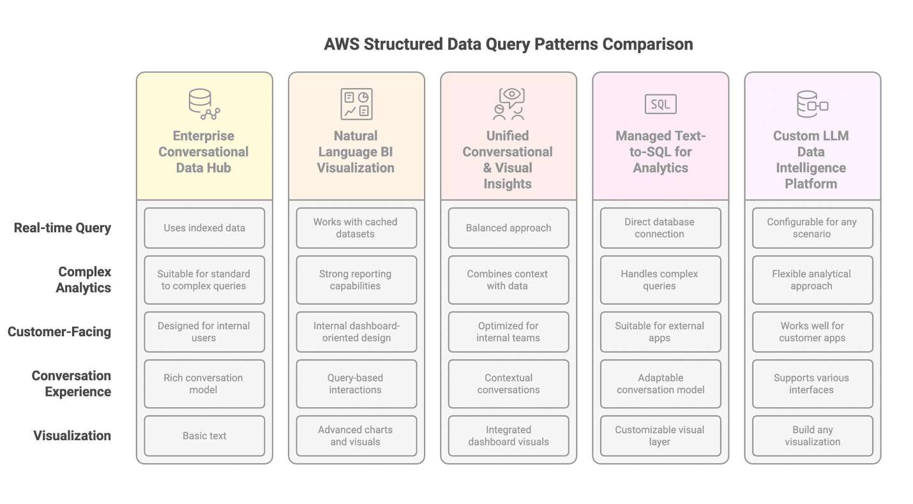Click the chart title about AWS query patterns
coord(508,44)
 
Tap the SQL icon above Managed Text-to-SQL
coord(660,104)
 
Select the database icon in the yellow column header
coord(204,105)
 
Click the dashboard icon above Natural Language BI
coord(356,104)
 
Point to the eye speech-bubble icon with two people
coord(509,104)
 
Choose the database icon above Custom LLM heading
coord(812,105)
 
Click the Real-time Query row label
coord(63,228)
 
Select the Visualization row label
coord(72,436)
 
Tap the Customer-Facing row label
coord(59,332)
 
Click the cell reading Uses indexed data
coord(204,228)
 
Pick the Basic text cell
coord(204,436)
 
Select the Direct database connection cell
coord(660,228)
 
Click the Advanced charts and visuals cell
coord(356,436)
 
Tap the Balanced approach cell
coord(508,228)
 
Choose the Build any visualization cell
coord(812,436)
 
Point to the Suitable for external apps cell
coord(660,332)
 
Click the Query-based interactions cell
coord(356,383)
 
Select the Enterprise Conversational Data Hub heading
coord(204,152)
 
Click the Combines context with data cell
coord(508,280)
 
